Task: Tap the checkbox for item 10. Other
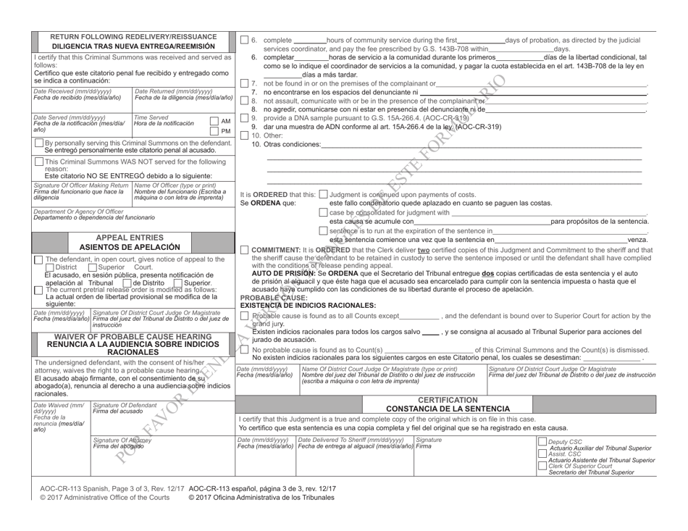pyautogui.click(x=244, y=135)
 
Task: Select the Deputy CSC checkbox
pyautogui.click(x=542, y=441)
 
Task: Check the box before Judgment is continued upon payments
pyautogui.click(x=324, y=193)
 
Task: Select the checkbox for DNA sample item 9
pyautogui.click(x=244, y=117)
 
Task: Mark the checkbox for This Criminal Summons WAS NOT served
pyautogui.click(x=39, y=162)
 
